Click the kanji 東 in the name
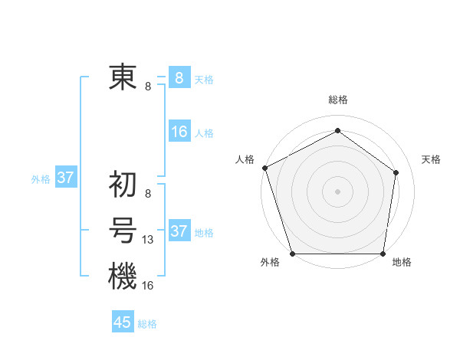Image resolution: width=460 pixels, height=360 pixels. (x=122, y=78)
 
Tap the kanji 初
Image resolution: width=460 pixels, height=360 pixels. (x=122, y=185)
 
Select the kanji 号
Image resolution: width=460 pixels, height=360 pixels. (x=122, y=231)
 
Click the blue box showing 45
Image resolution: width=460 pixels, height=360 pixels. (x=123, y=322)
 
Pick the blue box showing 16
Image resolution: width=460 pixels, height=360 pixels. (x=179, y=133)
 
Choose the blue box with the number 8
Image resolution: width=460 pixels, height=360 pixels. (x=179, y=78)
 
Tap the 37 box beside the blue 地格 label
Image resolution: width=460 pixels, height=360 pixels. (x=179, y=231)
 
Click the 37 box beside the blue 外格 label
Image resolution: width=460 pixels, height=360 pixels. (x=65, y=178)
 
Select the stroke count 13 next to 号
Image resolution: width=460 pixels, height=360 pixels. (x=148, y=241)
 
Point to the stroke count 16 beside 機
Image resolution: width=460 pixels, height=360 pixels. (x=148, y=286)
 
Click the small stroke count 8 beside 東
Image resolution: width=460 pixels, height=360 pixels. (x=148, y=87)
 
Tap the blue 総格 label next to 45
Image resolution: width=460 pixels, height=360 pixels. (x=147, y=324)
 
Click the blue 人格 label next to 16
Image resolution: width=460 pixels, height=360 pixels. (x=204, y=133)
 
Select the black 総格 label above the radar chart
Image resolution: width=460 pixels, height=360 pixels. (x=338, y=100)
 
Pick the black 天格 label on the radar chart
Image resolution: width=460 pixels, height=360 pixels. (x=432, y=159)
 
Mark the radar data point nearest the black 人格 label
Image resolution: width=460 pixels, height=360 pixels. (x=264, y=168)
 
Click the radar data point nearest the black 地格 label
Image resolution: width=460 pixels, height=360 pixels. (x=383, y=254)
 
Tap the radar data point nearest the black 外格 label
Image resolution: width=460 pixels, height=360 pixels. (x=293, y=254)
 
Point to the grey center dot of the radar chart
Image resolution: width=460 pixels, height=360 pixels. (x=337, y=191)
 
